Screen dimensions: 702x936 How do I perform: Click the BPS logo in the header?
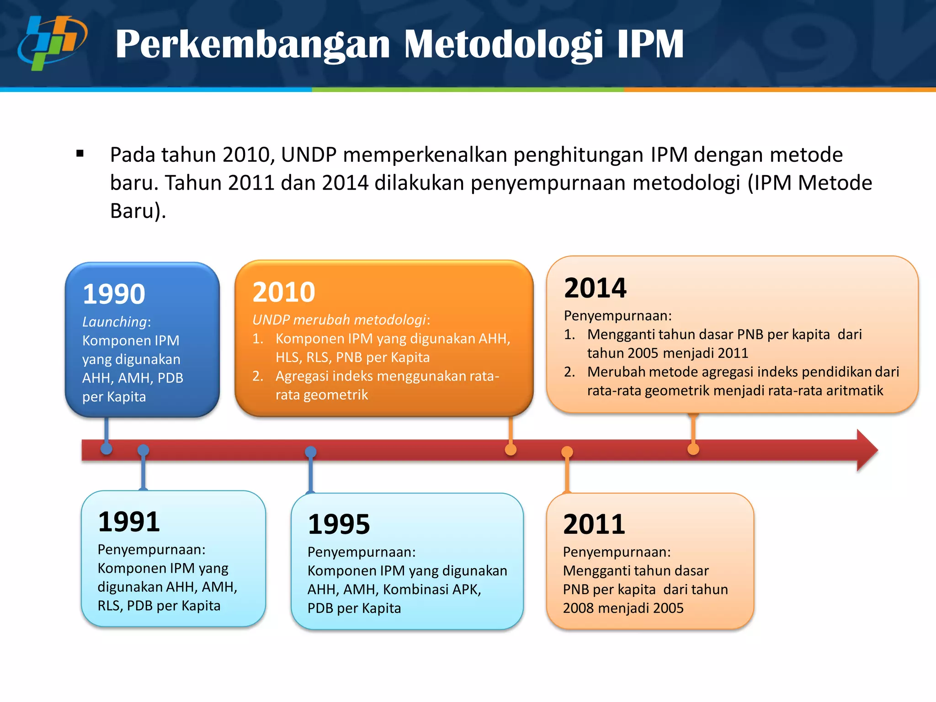point(52,43)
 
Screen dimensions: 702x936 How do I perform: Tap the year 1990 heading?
point(114,294)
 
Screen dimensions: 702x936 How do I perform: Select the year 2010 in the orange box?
point(284,292)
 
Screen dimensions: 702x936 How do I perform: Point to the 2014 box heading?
point(595,288)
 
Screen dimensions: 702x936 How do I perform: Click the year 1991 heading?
point(129,521)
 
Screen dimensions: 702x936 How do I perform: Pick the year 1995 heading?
point(339,524)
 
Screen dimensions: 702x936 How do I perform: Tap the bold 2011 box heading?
point(594,524)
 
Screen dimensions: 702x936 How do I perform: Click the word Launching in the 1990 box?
point(114,322)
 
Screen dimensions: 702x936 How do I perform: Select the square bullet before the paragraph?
point(80,154)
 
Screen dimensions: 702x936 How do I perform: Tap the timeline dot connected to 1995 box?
point(311,452)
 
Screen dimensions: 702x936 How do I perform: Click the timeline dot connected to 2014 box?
point(693,449)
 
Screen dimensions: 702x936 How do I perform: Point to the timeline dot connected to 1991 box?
point(143,450)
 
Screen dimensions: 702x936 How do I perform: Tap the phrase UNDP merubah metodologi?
point(340,320)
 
